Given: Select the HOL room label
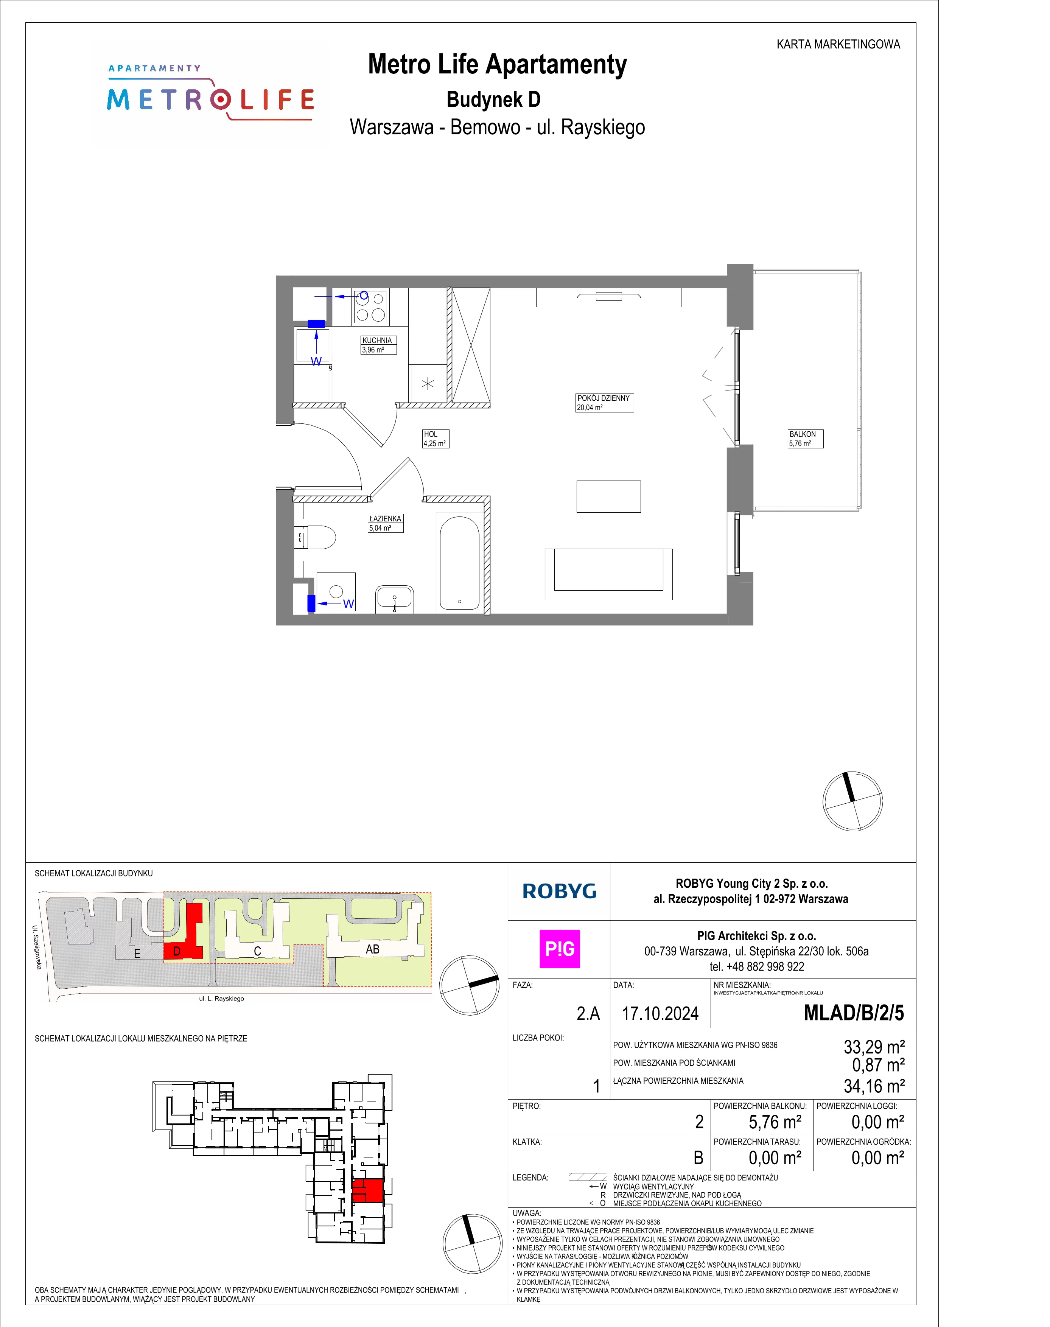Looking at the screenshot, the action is pos(430,434).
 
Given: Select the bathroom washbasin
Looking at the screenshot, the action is pos(394,599).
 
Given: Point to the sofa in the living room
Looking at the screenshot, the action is pos(608,574).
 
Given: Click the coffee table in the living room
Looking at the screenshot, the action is pos(608,496).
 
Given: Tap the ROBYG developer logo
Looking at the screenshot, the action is pos(559,891).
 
